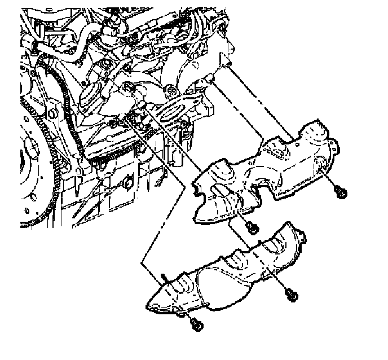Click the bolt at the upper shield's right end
[340, 193]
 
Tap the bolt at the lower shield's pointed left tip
[195, 324]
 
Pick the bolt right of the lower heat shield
[290, 295]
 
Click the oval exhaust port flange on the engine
[178, 109]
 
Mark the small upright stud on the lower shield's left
[163, 277]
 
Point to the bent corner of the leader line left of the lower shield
[143, 261]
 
